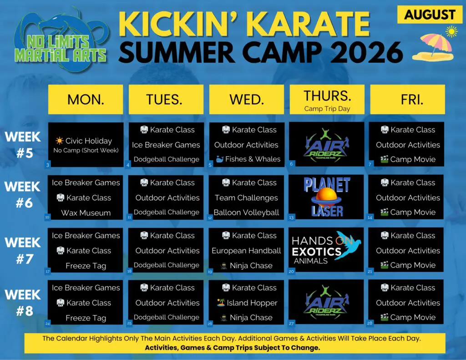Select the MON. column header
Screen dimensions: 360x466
(86, 100)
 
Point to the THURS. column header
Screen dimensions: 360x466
(327, 96)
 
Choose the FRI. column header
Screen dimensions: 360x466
(407, 100)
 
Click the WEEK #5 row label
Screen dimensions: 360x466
(23, 144)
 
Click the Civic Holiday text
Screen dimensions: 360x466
(88, 141)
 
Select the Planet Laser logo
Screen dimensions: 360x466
(327, 197)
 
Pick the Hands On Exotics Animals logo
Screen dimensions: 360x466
(327, 250)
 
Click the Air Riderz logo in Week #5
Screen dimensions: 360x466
(327, 144)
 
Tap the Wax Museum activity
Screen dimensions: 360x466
(86, 213)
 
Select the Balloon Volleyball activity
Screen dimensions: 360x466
(246, 213)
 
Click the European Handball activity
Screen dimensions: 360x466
(246, 251)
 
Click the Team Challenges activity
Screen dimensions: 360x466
(246, 198)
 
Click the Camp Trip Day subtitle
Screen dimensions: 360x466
(327, 109)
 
